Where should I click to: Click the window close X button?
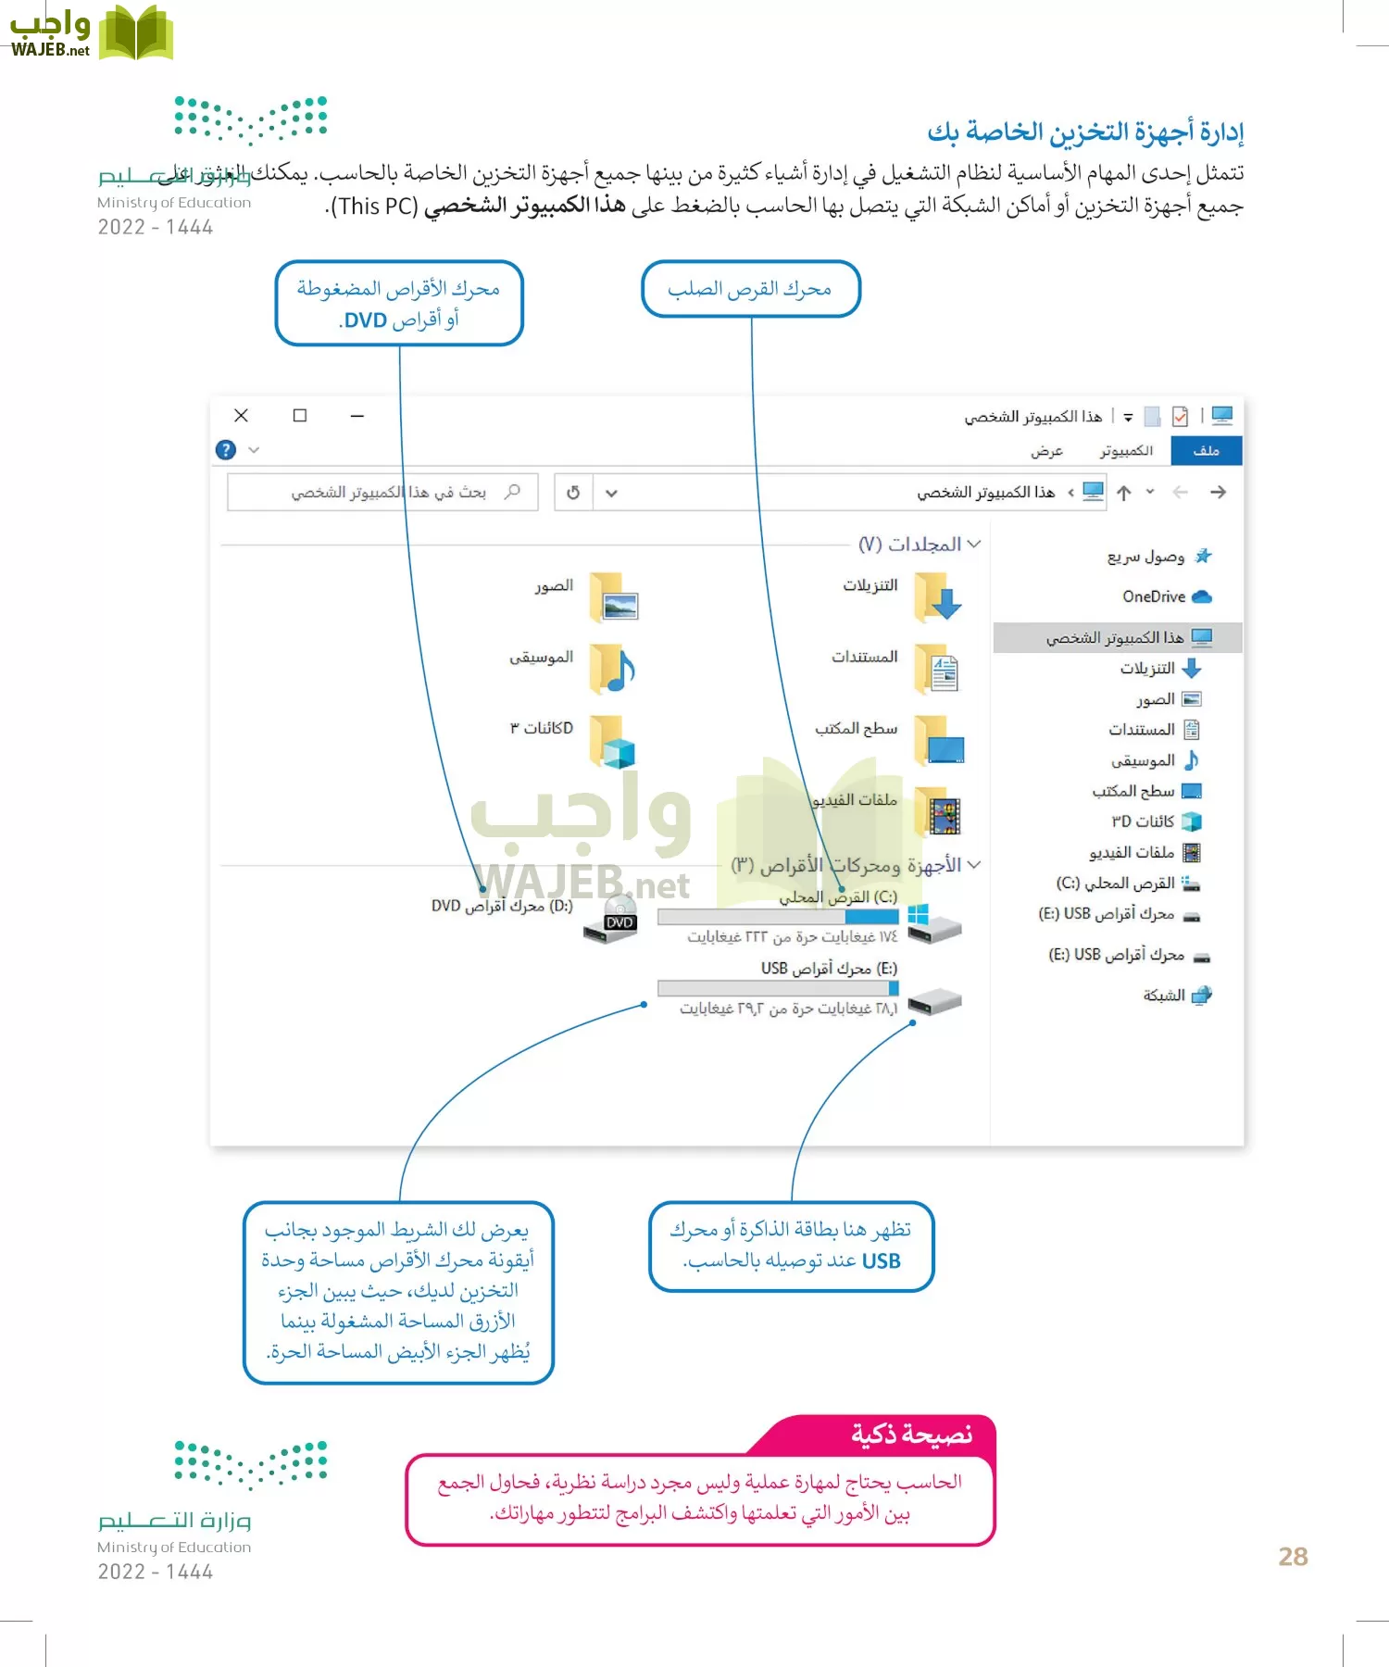(x=241, y=416)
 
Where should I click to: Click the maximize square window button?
(x=300, y=416)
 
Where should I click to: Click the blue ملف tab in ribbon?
(x=1206, y=450)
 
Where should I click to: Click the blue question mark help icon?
(x=226, y=450)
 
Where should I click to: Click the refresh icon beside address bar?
(x=573, y=493)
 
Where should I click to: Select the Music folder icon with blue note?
(x=612, y=670)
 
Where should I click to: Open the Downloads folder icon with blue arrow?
(x=937, y=596)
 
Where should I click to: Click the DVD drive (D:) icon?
(x=611, y=919)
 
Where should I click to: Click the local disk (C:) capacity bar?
(x=778, y=917)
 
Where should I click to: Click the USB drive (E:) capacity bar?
(x=778, y=988)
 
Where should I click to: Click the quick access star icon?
(x=1203, y=557)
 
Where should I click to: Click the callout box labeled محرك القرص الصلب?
(x=750, y=289)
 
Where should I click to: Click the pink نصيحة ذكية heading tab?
(x=911, y=1435)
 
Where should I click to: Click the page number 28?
(x=1293, y=1557)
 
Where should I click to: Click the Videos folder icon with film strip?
(x=939, y=813)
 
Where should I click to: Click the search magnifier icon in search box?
(x=512, y=492)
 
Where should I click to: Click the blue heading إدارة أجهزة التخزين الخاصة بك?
(x=1085, y=132)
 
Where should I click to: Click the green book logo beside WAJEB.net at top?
(x=135, y=33)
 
